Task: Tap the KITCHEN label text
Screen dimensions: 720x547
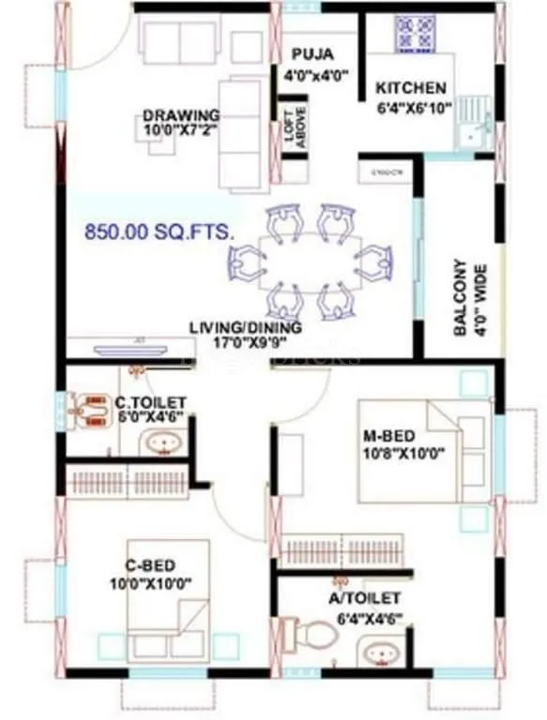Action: [x=411, y=88]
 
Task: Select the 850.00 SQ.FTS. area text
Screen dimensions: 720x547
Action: [x=158, y=232]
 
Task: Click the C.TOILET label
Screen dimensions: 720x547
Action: [x=151, y=403]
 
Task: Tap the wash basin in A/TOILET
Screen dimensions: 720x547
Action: [x=382, y=652]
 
